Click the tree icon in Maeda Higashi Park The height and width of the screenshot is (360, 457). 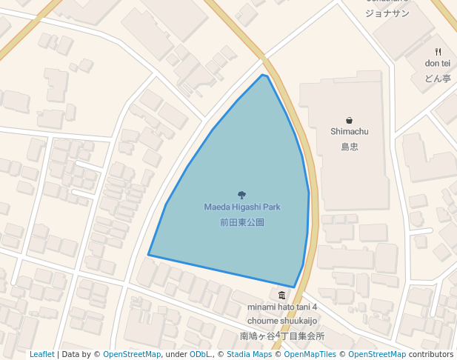(x=241, y=195)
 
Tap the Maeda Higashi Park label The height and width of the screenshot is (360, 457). (x=241, y=207)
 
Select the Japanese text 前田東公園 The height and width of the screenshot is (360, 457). (x=241, y=221)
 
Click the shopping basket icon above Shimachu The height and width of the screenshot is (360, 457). (x=349, y=120)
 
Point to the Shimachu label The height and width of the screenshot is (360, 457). (x=349, y=132)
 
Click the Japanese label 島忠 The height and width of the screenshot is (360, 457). (x=349, y=147)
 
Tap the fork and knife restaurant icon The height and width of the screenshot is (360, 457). (x=438, y=51)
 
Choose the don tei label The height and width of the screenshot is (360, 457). (x=438, y=64)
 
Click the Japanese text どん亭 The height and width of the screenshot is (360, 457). (x=438, y=78)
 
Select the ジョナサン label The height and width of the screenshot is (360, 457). (x=387, y=13)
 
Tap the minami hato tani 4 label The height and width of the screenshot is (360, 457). (x=282, y=307)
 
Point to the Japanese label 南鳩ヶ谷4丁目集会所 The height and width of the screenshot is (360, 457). (x=282, y=336)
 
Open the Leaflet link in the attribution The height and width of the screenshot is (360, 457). (x=41, y=354)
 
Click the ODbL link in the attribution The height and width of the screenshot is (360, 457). (x=200, y=354)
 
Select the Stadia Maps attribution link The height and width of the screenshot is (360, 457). (x=249, y=354)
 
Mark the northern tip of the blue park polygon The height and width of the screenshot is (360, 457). (x=262, y=75)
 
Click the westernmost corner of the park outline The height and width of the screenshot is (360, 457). (x=149, y=255)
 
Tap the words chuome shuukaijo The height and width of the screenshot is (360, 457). (x=282, y=321)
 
